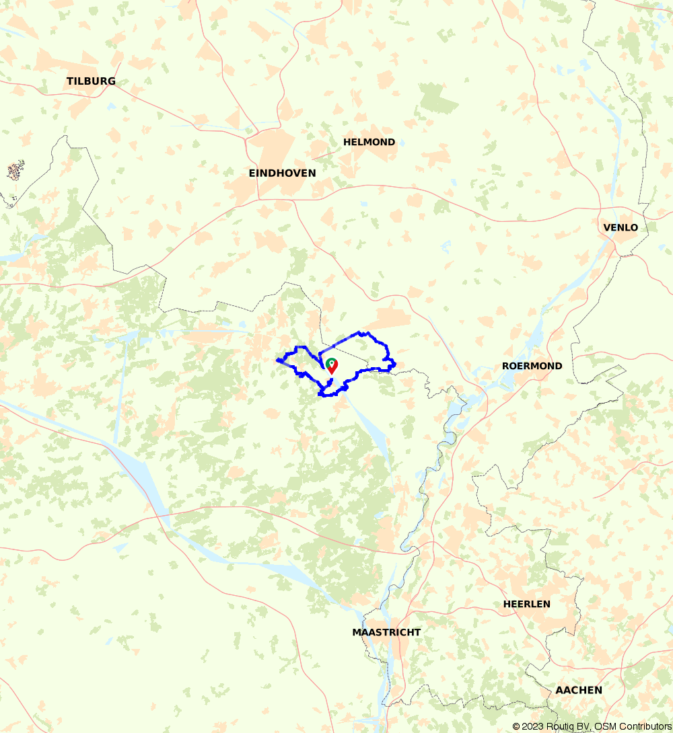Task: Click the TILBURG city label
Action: (x=91, y=81)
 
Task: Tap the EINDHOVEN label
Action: (x=282, y=173)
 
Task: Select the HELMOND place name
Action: (x=369, y=142)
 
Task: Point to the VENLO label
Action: (x=621, y=227)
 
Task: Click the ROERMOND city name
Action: (x=532, y=366)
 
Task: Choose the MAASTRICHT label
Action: (x=386, y=632)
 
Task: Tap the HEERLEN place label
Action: (x=526, y=604)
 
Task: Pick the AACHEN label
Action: (x=579, y=690)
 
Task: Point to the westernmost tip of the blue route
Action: (x=277, y=360)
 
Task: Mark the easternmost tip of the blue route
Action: (x=395, y=365)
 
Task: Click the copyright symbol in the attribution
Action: (x=516, y=726)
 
